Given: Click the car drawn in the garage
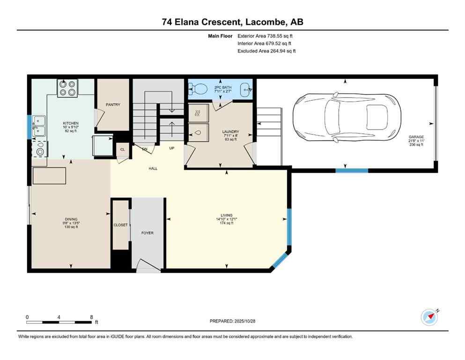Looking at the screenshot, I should pyautogui.click(x=347, y=117).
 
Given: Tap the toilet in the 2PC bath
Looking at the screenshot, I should pyautogui.click(x=200, y=88).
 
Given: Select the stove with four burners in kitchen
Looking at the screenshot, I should pyautogui.click(x=67, y=88).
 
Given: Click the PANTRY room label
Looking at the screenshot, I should pyautogui.click(x=113, y=105).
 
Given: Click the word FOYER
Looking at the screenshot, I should pyautogui.click(x=148, y=233).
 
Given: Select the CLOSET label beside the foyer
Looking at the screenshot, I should pyautogui.click(x=121, y=225).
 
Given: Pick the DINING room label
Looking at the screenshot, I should pyautogui.click(x=71, y=219).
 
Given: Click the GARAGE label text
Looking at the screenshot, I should pyautogui.click(x=415, y=137).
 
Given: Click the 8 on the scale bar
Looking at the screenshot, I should pyautogui.click(x=91, y=317).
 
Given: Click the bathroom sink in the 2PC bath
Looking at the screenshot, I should pyautogui.click(x=244, y=88).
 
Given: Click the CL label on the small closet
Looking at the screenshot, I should pyautogui.click(x=122, y=150).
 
